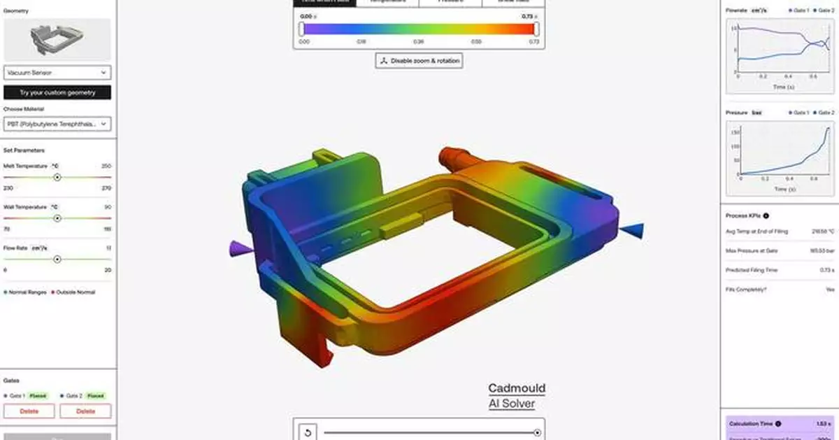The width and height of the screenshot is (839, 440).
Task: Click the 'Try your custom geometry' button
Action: [57, 92]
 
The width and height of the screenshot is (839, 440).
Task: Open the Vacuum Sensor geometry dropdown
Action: [57, 72]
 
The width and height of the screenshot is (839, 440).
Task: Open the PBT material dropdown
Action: [57, 124]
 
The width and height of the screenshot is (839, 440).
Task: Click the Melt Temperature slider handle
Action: [57, 178]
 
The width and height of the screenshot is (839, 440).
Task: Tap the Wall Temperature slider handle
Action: [57, 218]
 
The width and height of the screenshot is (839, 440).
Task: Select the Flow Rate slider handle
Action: [57, 260]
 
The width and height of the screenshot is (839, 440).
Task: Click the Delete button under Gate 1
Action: [29, 411]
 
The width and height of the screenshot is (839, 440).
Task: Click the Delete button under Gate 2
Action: [85, 411]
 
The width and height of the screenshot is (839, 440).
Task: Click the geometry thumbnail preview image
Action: [57, 39]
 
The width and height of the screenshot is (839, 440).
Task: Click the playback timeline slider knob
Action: [537, 433]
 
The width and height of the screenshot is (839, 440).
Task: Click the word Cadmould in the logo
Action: [517, 388]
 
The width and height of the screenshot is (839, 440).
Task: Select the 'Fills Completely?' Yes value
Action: [830, 289]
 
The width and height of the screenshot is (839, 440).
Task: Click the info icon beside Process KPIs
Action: [766, 216]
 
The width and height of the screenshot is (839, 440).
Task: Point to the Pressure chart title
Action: [737, 113]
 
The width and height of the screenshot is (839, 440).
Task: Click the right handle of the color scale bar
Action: [536, 29]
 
